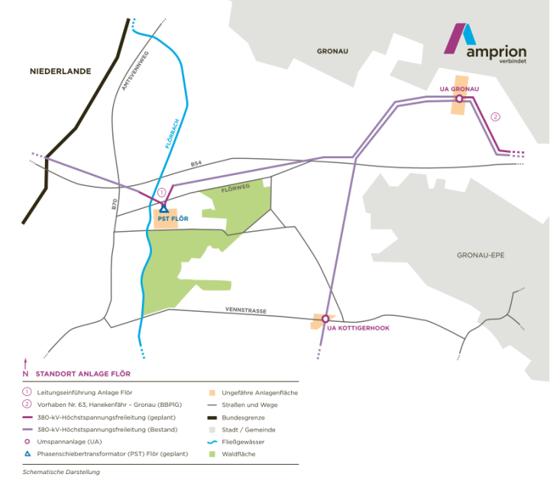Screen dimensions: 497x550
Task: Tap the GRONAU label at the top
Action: point(332,51)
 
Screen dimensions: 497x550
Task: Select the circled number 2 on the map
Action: point(495,116)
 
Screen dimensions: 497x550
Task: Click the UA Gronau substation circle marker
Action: point(458,99)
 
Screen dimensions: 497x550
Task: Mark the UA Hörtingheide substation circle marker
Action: point(325,318)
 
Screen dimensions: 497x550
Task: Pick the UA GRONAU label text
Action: point(458,89)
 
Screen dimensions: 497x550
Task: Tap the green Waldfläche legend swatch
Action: point(211,455)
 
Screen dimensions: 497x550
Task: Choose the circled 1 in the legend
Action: point(27,391)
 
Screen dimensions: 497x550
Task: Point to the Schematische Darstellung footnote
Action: point(61,472)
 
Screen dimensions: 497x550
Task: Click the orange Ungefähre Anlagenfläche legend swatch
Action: point(211,391)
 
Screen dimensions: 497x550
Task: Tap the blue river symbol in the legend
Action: point(211,442)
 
